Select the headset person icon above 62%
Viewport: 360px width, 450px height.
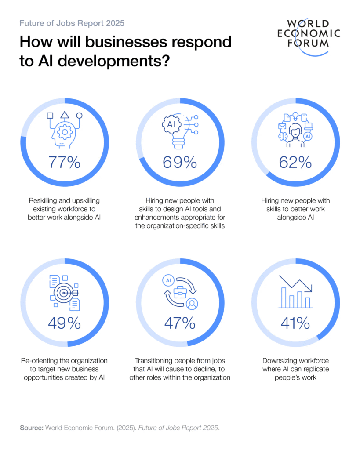coord(295,132)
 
